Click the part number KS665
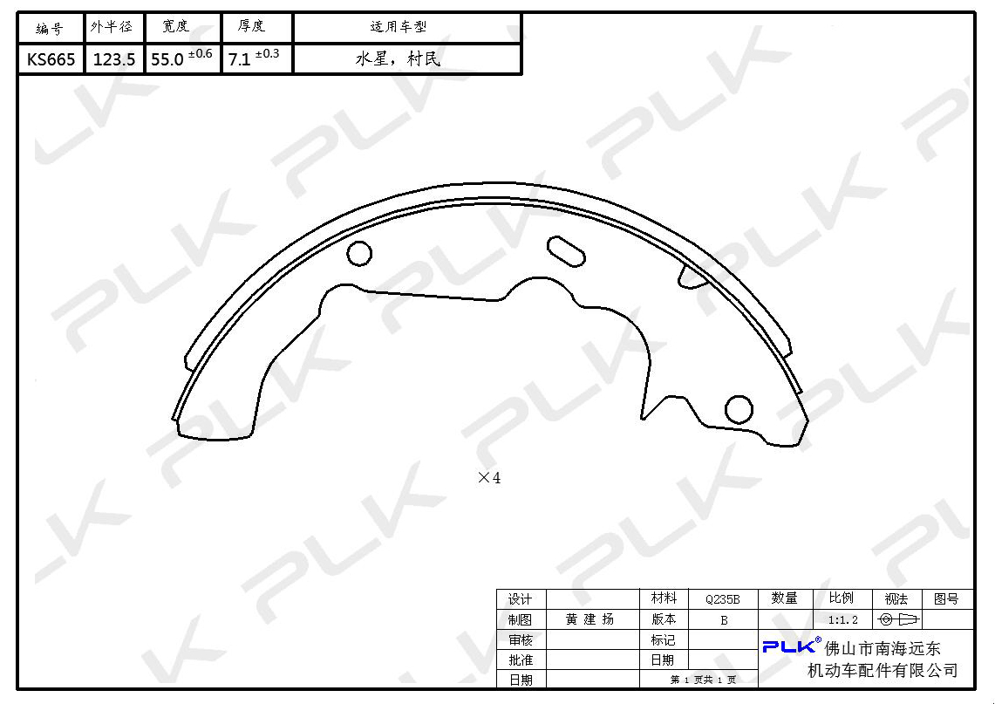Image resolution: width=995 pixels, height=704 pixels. [x=51, y=59]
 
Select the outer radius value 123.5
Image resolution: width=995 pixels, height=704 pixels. [x=114, y=59]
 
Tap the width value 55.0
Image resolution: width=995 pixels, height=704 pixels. [x=167, y=59]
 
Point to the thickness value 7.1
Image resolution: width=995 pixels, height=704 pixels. [x=239, y=59]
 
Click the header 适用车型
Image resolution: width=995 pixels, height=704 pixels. [x=399, y=27]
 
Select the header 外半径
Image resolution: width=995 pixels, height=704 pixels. [x=112, y=27]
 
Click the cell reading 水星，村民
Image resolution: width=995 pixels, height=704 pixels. [x=398, y=59]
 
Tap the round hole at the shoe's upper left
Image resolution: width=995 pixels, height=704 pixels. [x=359, y=253]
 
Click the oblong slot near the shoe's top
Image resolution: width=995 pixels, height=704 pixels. [x=566, y=251]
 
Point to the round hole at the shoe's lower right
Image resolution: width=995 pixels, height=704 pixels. [x=739, y=409]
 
